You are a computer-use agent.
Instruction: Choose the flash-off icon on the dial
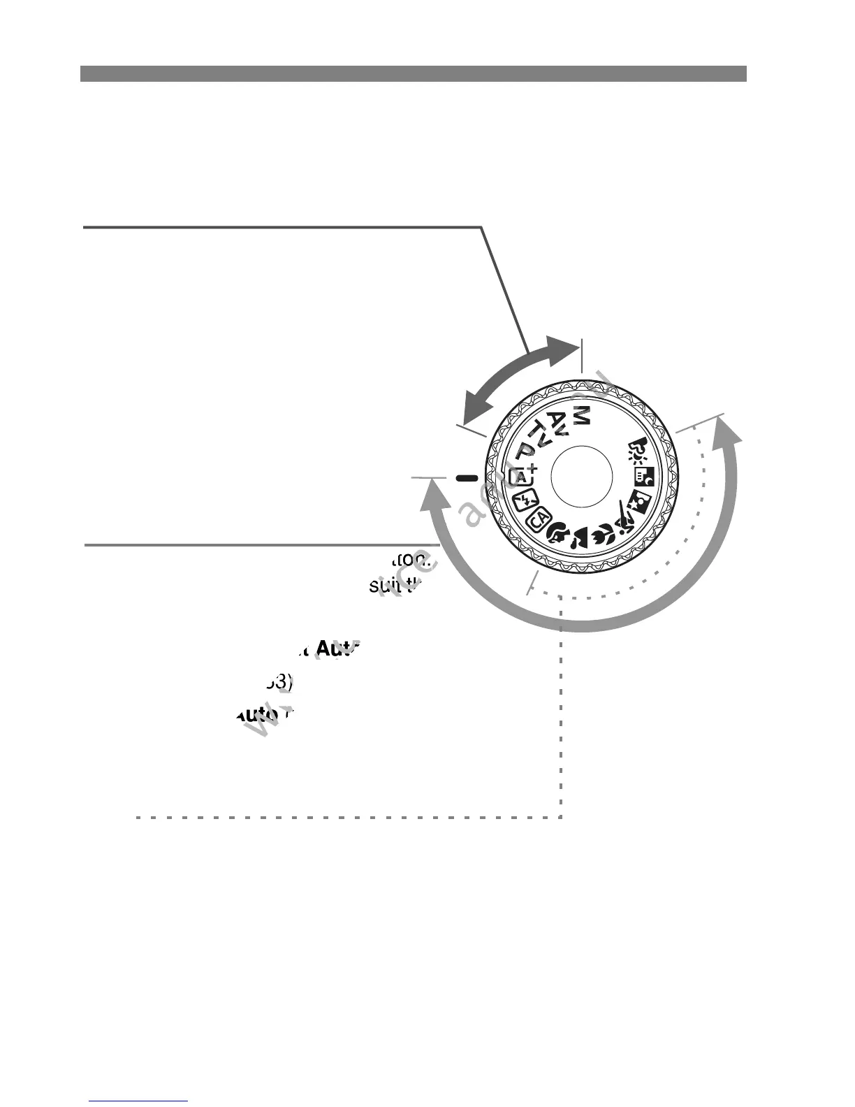click(x=524, y=500)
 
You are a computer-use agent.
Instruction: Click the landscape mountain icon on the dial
click(x=579, y=540)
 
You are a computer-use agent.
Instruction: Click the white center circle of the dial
click(x=582, y=477)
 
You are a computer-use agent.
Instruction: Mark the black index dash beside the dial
click(x=466, y=478)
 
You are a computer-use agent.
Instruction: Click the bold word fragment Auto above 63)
click(x=338, y=648)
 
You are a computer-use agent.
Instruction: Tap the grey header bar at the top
click(x=413, y=74)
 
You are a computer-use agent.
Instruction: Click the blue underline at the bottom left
click(x=138, y=1101)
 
